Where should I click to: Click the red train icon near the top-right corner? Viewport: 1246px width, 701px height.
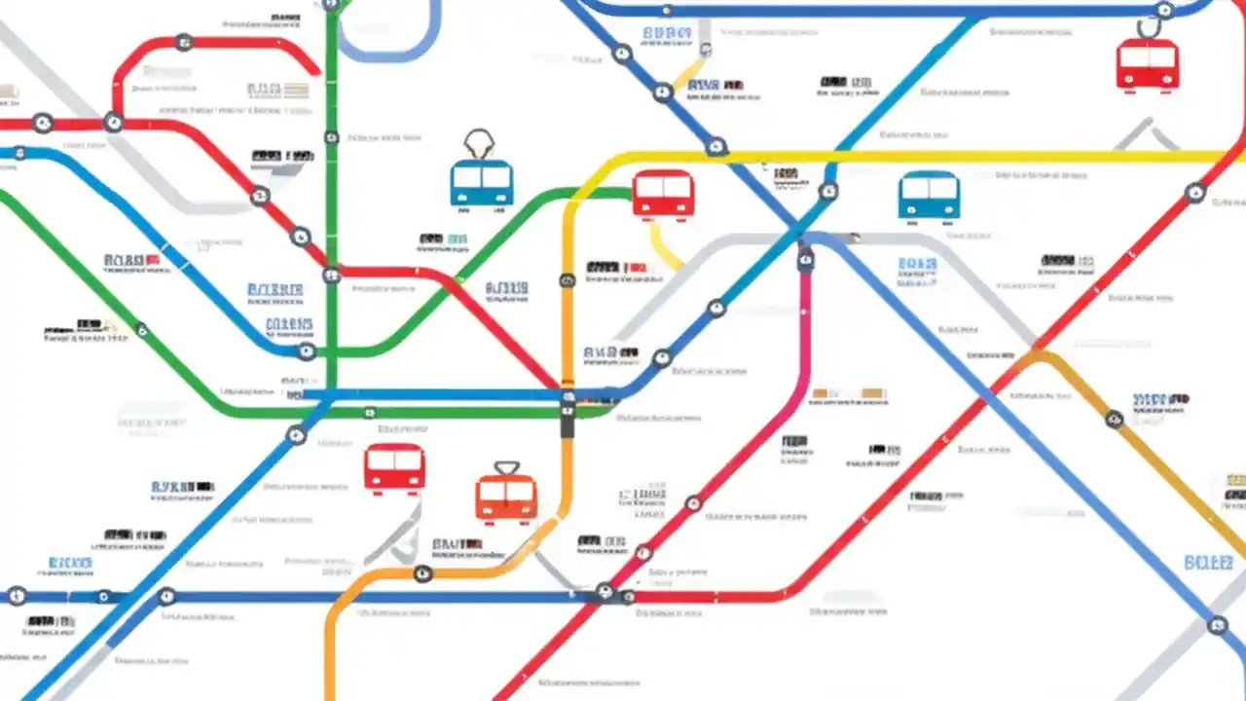[1148, 65]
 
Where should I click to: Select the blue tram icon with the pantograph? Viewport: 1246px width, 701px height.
[482, 180]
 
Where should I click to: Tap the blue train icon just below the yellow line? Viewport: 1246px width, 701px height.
[929, 195]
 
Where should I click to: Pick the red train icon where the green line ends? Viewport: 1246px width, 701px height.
[663, 195]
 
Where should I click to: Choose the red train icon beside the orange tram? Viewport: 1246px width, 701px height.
[394, 468]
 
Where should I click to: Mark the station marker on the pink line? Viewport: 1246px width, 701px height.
[806, 259]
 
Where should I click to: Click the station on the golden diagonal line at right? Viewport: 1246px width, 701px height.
[1115, 420]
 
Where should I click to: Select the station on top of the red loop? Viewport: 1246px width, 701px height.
[183, 43]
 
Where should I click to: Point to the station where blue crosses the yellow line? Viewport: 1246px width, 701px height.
[716, 148]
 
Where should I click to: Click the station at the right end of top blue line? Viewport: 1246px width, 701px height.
[1164, 11]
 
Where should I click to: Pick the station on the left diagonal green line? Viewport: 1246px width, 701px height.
[142, 330]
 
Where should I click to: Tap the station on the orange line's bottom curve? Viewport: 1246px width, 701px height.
[422, 573]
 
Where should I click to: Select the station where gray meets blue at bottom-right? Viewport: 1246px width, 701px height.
[1217, 625]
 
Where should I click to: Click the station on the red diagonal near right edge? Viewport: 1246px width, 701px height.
[1195, 193]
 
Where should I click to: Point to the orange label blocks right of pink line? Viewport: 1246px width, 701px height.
[849, 394]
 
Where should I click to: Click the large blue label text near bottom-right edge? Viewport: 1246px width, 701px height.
[1208, 563]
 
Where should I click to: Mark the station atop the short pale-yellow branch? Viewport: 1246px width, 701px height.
[706, 49]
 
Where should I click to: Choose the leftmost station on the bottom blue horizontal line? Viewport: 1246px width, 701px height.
[17, 596]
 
